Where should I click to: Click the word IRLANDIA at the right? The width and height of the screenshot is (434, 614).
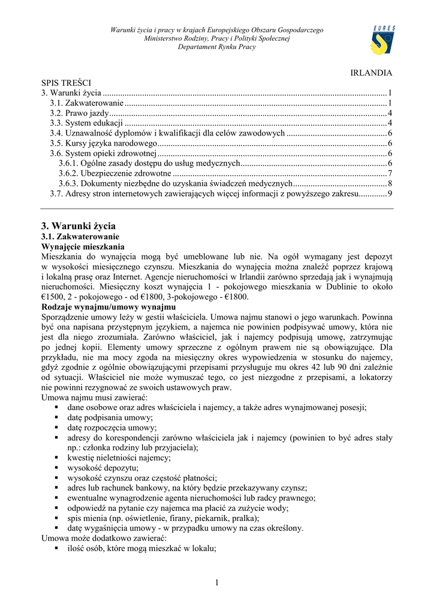tap(371, 73)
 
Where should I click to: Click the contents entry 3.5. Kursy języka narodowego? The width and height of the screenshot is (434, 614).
tap(103, 143)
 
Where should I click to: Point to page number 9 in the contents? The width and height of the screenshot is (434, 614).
tap(390, 194)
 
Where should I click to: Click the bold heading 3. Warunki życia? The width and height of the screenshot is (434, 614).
tap(78, 226)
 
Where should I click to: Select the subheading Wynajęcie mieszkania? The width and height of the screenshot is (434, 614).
tap(83, 246)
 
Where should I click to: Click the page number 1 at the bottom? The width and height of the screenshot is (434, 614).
tap(216, 583)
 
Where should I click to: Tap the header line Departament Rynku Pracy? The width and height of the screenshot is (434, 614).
tap(216, 47)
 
